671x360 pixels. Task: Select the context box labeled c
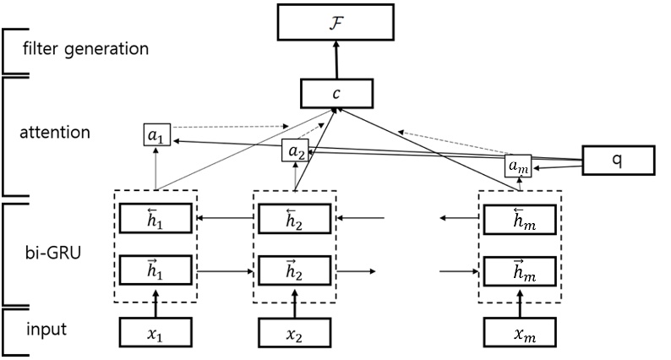tap(335, 92)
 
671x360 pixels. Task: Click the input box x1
tap(155, 332)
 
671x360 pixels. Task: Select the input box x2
tap(295, 332)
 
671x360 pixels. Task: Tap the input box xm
tap(520, 332)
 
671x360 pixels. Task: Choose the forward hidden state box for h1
tap(155, 271)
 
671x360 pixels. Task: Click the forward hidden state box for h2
tap(295, 271)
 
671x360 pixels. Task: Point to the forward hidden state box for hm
tap(520, 271)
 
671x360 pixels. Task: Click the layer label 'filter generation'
tap(86, 48)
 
